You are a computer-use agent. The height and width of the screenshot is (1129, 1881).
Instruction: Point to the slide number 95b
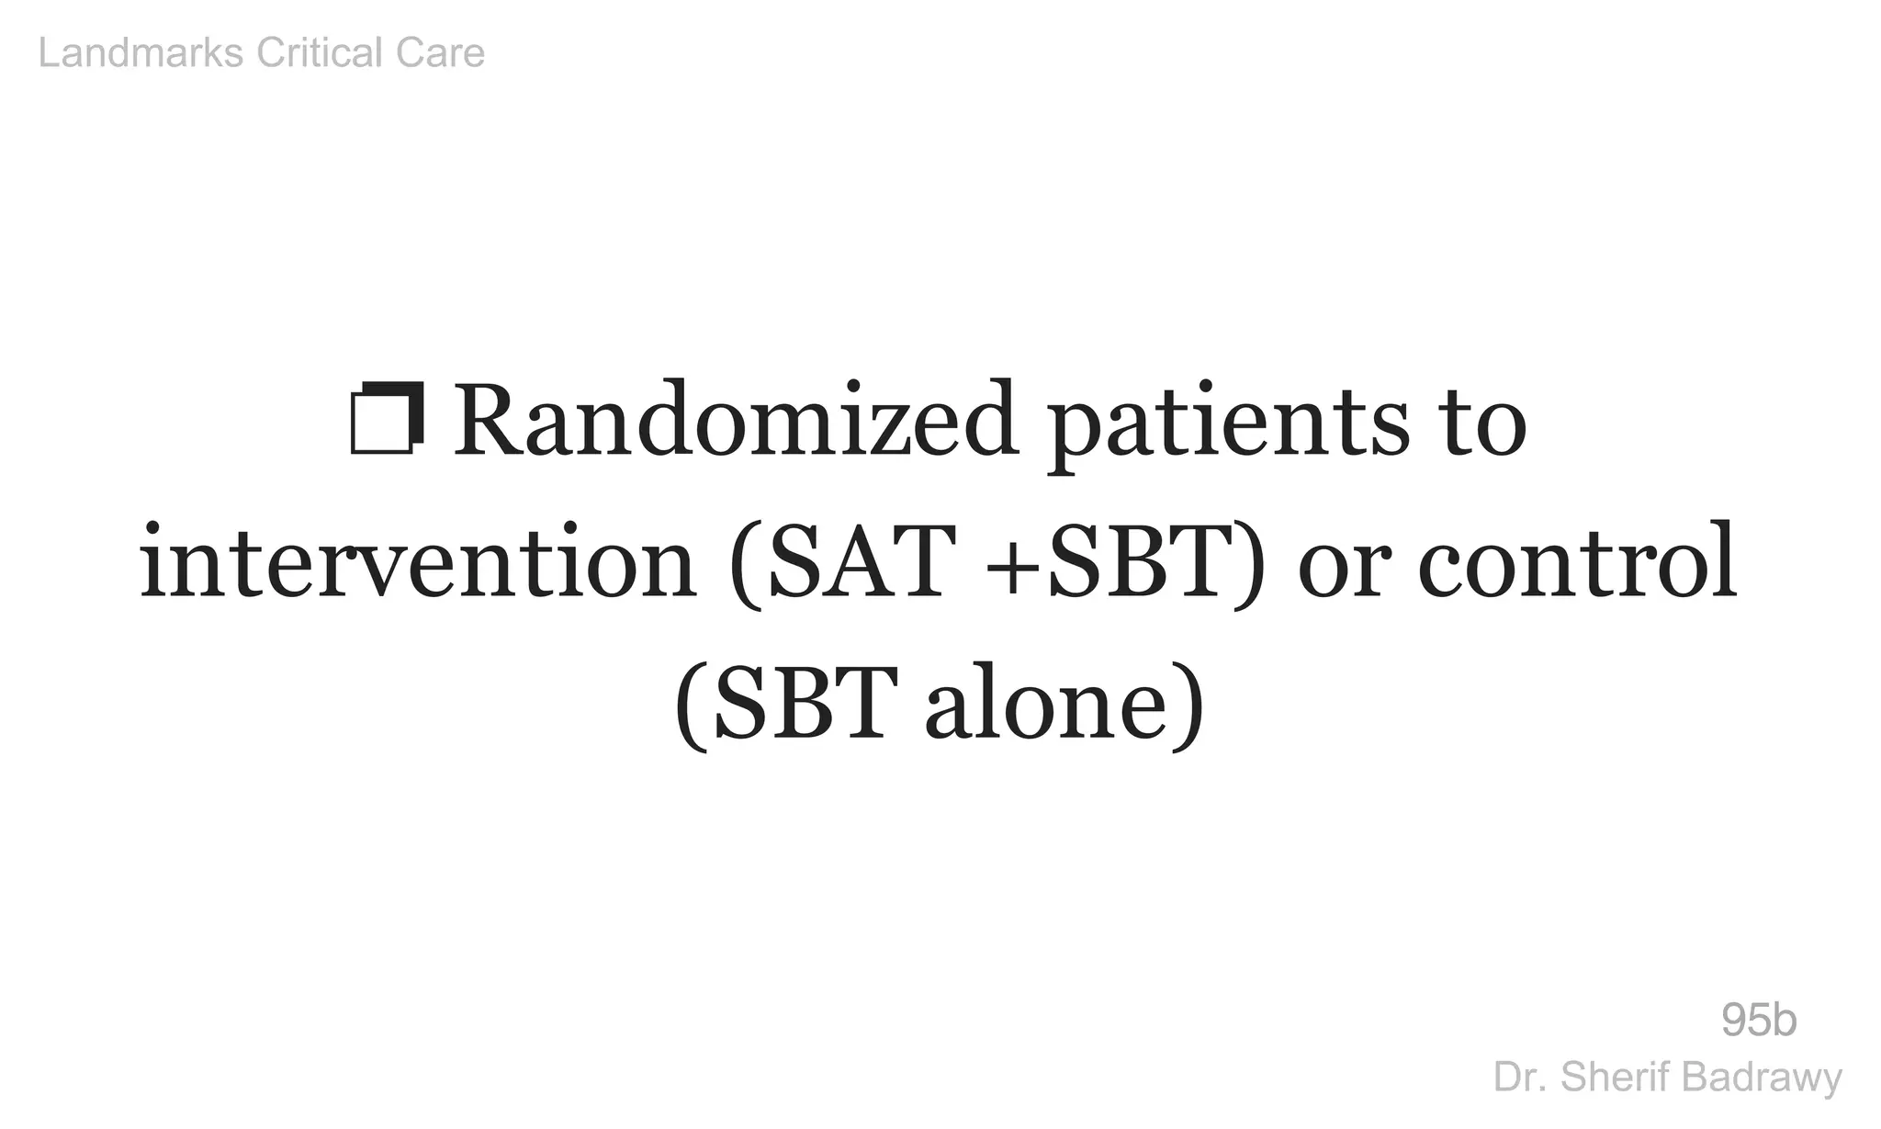1759,1021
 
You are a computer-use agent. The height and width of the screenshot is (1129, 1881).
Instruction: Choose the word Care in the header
440,53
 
